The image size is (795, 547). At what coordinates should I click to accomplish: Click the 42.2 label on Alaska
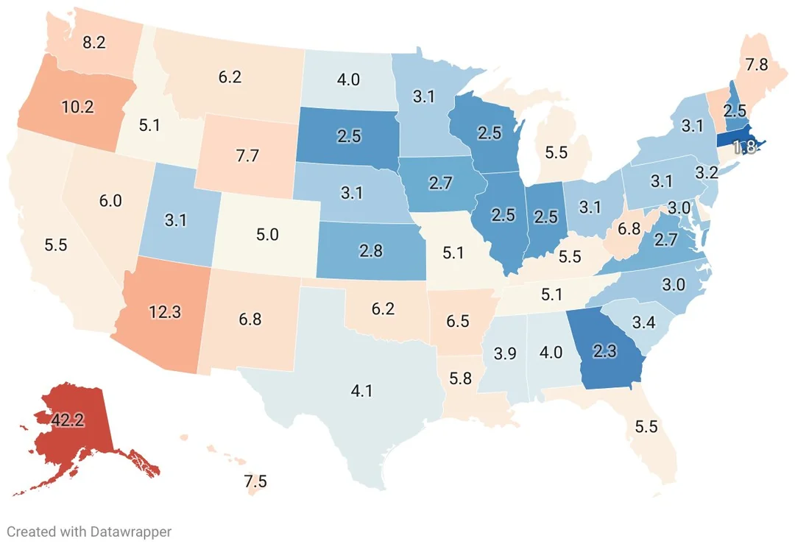tap(68, 420)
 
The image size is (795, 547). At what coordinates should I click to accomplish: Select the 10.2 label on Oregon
tap(77, 106)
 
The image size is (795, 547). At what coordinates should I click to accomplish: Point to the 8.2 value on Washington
tap(93, 42)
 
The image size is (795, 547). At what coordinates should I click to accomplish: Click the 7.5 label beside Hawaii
tap(255, 482)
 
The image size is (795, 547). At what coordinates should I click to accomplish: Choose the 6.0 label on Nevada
tap(110, 201)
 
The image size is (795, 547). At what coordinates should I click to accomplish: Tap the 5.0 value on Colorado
tap(267, 235)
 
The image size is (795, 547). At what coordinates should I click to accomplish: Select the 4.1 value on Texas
tap(361, 391)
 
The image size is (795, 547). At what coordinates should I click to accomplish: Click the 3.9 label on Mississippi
tap(504, 353)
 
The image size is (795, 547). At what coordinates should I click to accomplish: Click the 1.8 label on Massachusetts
tap(745, 147)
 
